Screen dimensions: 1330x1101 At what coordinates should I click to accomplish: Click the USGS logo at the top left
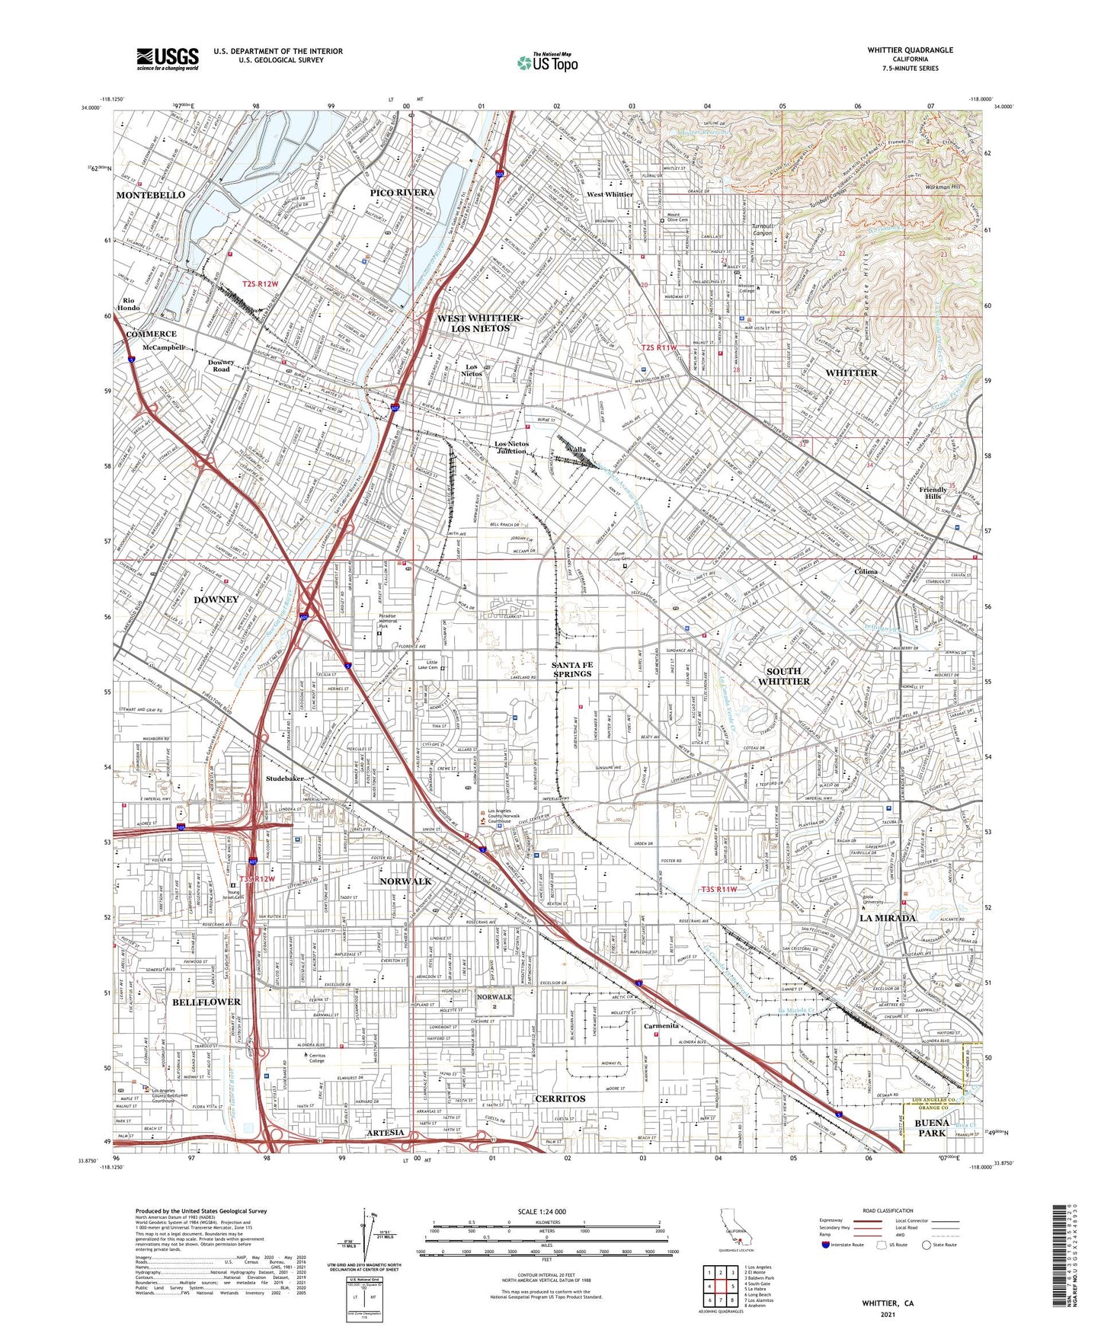[168, 58]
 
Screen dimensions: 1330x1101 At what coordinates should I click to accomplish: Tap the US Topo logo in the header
[547, 62]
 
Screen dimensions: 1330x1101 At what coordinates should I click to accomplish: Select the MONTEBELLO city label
[151, 195]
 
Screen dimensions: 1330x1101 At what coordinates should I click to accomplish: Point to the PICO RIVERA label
[402, 193]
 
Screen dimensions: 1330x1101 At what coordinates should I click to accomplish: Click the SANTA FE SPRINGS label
[571, 669]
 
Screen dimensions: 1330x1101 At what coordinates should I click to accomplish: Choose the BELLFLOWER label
[206, 1002]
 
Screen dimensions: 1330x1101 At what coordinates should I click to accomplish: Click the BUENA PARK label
[931, 1128]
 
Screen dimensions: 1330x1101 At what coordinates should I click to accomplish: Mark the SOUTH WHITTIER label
[783, 676]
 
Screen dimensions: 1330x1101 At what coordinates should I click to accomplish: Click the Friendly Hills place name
[933, 493]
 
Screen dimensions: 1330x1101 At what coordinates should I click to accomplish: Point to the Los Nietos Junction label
[511, 447]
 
